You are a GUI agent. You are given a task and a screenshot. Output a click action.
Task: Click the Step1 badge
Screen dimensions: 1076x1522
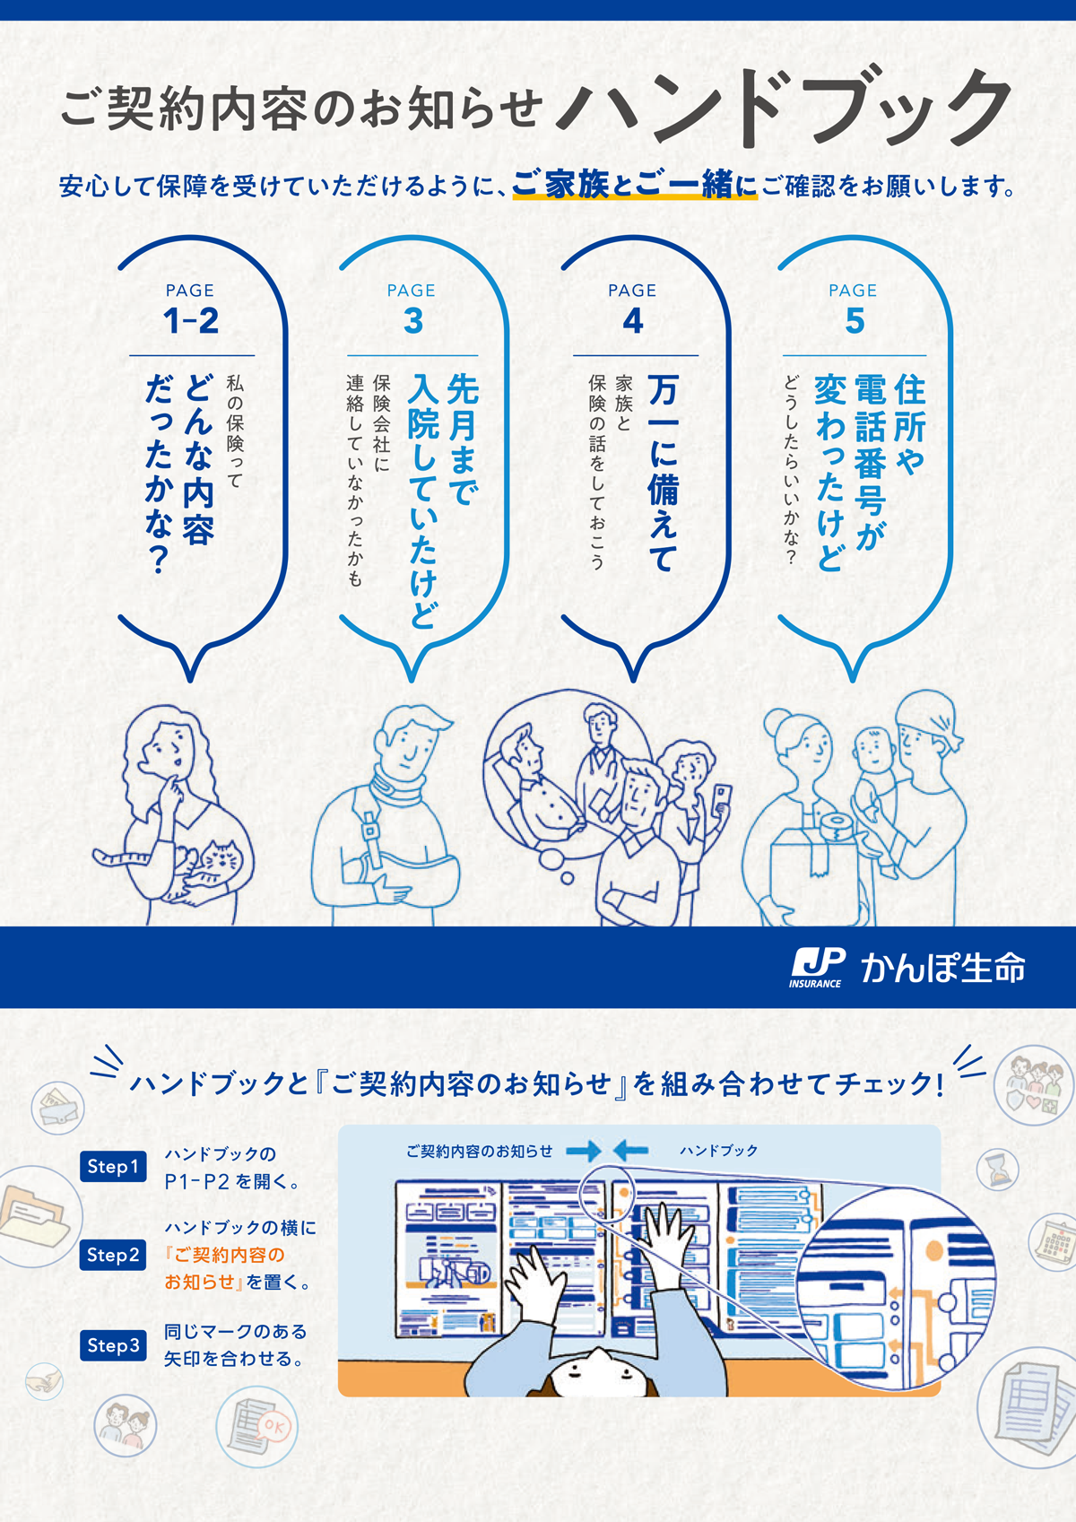(x=113, y=1167)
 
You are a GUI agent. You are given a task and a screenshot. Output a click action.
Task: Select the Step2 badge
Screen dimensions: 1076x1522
(x=113, y=1255)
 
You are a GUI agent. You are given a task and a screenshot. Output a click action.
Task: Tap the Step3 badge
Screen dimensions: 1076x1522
(x=113, y=1345)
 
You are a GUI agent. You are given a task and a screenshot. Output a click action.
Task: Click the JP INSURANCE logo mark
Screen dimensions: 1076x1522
(x=817, y=968)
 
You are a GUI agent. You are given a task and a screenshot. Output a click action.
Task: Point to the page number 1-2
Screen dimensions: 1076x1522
(x=191, y=321)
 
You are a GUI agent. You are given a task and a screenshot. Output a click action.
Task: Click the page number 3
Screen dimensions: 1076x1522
(x=412, y=321)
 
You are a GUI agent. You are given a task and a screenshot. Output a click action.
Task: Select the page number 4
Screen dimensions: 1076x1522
(x=632, y=321)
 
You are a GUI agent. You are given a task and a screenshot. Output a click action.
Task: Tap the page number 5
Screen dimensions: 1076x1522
(x=854, y=321)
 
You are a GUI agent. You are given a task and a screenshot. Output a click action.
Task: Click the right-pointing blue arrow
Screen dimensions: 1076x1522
(x=584, y=1151)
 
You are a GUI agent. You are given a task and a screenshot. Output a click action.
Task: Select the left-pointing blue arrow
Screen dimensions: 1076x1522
(x=629, y=1151)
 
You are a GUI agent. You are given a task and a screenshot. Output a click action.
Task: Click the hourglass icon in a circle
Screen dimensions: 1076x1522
(x=997, y=1170)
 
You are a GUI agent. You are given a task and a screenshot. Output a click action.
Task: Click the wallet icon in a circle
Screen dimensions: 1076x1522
(x=57, y=1108)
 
